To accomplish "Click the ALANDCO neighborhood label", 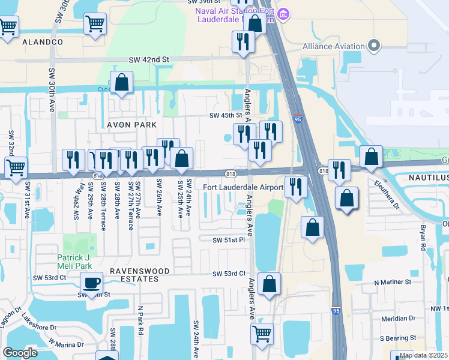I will click(x=43, y=42).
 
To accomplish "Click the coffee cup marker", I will click(x=91, y=282).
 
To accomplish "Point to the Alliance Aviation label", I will click(x=334, y=46).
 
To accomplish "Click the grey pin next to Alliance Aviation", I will click(x=375, y=46).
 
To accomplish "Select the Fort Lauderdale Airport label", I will click(x=243, y=187).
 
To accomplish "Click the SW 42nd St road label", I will click(x=149, y=60).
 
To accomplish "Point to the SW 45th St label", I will click(x=224, y=116).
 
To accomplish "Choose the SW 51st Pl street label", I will click(x=229, y=240).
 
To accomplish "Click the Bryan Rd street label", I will click(x=423, y=238).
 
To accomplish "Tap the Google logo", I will click(x=20, y=353).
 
